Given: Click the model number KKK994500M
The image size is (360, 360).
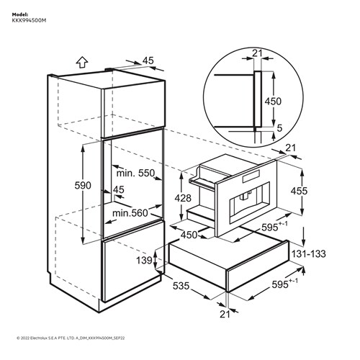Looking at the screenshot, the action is click(29, 21).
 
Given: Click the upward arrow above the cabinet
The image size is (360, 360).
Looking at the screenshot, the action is click(82, 63).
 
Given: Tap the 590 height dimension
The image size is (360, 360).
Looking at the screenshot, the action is click(83, 186).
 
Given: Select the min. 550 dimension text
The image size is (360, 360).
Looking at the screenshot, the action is click(135, 173).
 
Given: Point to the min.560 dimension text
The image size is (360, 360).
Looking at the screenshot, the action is click(130, 213).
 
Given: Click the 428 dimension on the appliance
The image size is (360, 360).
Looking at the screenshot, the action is click(183, 198).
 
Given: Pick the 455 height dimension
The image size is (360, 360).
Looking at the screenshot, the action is click(299, 191).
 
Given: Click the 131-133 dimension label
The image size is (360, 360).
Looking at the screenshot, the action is click(308, 253).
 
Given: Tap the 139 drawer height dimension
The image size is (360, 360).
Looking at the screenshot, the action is click(144, 260).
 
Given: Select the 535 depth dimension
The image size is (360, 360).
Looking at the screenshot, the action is click(181, 286).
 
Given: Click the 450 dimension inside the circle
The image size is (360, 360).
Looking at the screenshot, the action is click(273, 102).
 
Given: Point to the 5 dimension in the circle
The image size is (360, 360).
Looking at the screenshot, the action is click(279, 128).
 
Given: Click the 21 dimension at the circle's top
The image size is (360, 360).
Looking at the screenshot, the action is click(257, 53).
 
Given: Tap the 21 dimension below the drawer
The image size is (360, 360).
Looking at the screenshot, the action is click(225, 314).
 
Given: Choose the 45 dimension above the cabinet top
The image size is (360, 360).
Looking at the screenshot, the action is click(148, 60).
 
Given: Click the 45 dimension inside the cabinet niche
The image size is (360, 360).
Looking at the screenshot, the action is click(119, 189).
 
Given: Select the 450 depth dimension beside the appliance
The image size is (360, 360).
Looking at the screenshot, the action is click(189, 235).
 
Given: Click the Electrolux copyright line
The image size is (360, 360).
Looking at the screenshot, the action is click(71, 338).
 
